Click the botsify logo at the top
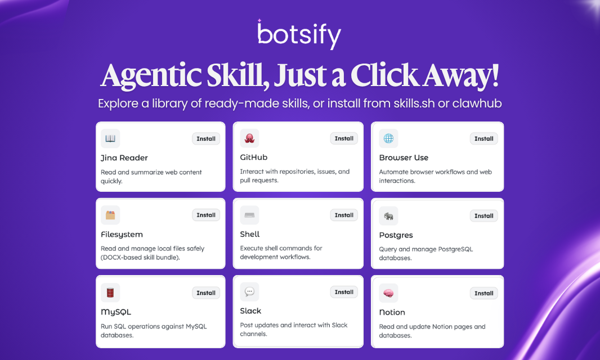tap(299, 35)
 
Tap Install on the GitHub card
tap(344, 138)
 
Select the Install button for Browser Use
tap(483, 138)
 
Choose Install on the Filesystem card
tap(206, 215)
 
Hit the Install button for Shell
tap(344, 215)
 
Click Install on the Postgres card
tap(483, 215)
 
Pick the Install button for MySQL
tap(206, 292)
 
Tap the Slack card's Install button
tap(344, 292)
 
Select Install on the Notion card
tap(483, 293)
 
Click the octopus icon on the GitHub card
tap(249, 138)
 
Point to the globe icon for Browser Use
tap(388, 138)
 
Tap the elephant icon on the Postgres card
tap(388, 215)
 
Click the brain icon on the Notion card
tap(388, 293)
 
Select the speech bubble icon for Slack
tap(249, 292)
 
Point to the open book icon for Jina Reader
tap(110, 138)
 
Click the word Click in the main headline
tap(382, 75)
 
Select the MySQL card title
tap(116, 312)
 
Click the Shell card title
tap(250, 234)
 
